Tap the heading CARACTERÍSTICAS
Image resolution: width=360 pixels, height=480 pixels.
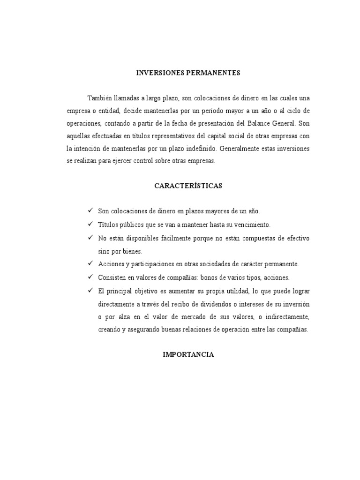click(x=188, y=186)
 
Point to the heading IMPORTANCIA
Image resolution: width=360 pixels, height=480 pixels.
click(x=188, y=354)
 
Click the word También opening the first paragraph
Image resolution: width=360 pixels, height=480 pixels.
click(x=100, y=98)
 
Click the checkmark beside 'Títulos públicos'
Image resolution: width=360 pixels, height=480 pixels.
click(x=90, y=225)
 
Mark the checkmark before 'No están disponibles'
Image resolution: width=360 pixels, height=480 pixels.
click(x=90, y=238)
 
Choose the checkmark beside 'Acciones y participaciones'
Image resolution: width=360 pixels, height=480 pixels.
click(x=90, y=263)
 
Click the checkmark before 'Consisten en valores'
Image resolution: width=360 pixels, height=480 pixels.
click(x=90, y=277)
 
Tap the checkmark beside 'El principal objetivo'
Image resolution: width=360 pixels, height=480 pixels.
click(x=90, y=290)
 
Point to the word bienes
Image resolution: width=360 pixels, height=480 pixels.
click(x=133, y=251)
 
